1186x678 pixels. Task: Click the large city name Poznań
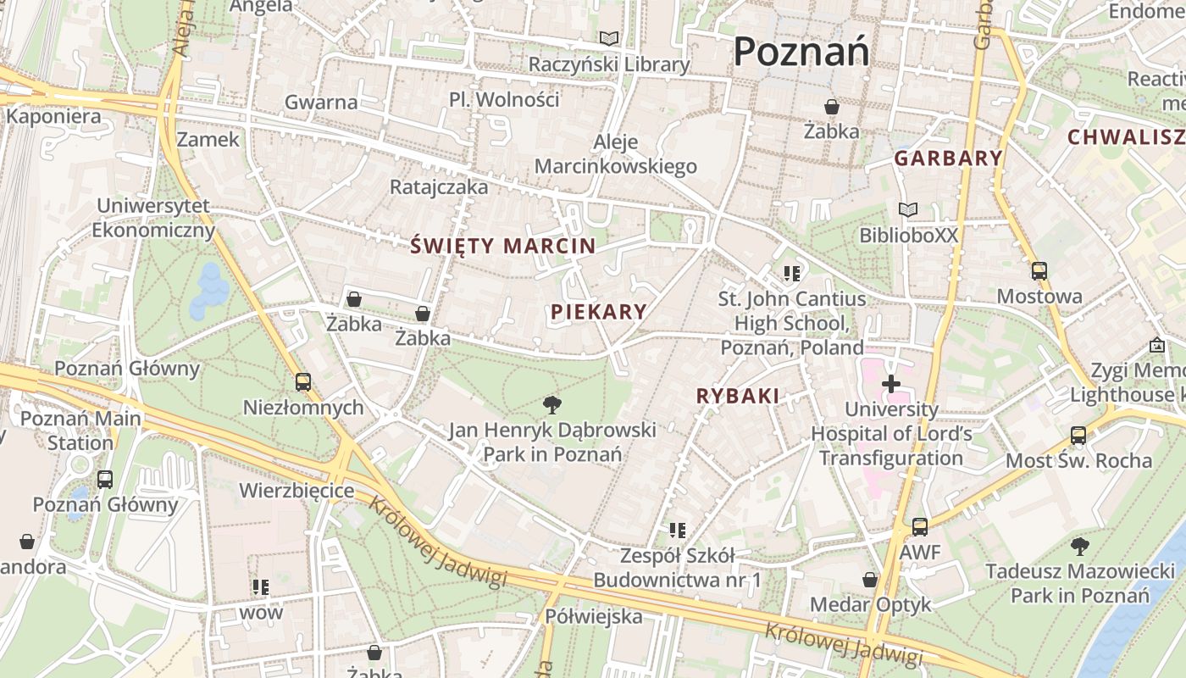[801, 52]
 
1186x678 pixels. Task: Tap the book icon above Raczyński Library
[609, 38]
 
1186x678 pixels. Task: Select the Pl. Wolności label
[504, 99]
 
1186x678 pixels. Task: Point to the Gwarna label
[321, 102]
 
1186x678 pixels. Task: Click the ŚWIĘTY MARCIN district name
[502, 246]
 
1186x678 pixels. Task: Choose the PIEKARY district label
[598, 311]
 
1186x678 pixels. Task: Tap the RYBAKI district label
[737, 395]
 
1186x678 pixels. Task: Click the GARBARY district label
[948, 158]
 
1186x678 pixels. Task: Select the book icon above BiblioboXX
[908, 209]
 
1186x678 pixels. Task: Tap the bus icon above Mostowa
[1039, 271]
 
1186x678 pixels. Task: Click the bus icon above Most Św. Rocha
[1078, 435]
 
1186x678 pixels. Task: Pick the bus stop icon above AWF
[919, 526]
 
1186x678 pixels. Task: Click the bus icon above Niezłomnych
[303, 382]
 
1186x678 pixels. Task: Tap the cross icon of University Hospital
[890, 384]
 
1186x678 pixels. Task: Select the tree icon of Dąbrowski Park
[552, 404]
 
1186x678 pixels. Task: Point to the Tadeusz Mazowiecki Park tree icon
[1079, 546]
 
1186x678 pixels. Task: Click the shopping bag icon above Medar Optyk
[870, 580]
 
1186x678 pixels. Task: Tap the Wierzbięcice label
[296, 490]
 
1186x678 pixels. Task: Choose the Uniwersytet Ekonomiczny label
[153, 218]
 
